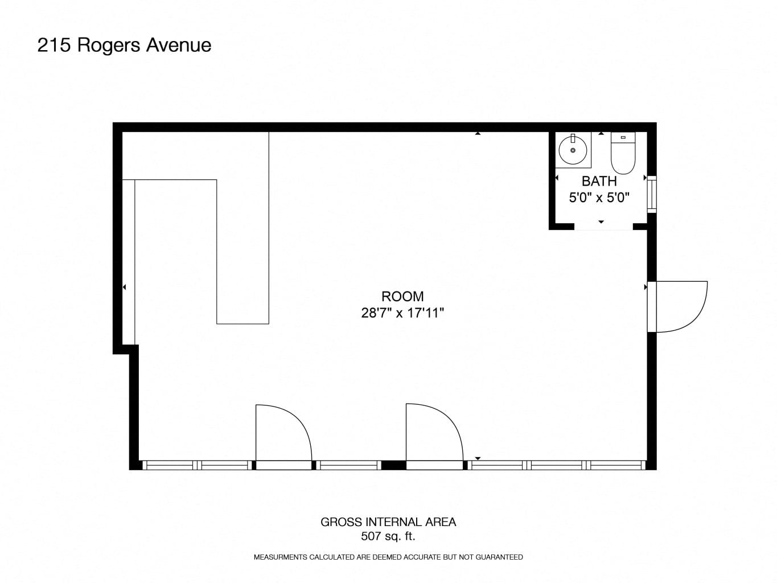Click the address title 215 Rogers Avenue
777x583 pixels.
click(124, 46)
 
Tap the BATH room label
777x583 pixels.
click(599, 181)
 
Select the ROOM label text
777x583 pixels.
click(402, 296)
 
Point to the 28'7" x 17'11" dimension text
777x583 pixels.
click(402, 313)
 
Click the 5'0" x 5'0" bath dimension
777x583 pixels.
click(599, 198)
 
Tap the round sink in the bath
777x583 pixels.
click(573, 150)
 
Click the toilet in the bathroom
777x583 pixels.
click(623, 153)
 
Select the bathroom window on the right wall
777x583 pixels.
click(652, 194)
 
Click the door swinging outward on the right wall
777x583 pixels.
click(677, 306)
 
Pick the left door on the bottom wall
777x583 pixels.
click(283, 437)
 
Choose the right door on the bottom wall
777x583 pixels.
click(434, 437)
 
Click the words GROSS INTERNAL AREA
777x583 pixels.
click(388, 522)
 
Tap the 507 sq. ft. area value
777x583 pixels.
click(388, 536)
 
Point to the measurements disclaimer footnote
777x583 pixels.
click(388, 557)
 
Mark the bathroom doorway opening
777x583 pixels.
click(603, 227)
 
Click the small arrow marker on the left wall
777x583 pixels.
click(124, 287)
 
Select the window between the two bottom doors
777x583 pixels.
click(348, 465)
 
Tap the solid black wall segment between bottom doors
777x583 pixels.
click(394, 465)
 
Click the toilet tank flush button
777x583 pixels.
click(623, 137)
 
